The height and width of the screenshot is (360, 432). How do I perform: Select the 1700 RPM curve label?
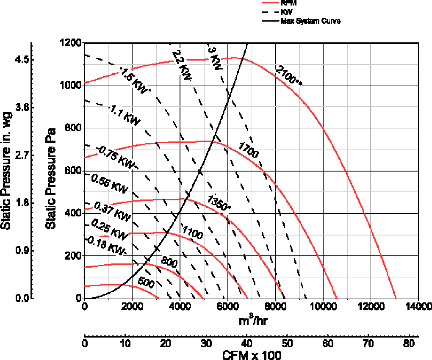click(x=248, y=151)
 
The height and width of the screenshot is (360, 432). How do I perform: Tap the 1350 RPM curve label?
click(x=219, y=202)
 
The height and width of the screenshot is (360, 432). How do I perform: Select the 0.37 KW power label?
click(x=112, y=210)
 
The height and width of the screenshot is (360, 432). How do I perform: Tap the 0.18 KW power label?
click(x=106, y=245)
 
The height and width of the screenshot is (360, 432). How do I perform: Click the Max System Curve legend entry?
click(x=311, y=20)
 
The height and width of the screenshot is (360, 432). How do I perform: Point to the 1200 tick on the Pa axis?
click(x=71, y=43)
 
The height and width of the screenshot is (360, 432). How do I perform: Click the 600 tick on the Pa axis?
click(x=73, y=171)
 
